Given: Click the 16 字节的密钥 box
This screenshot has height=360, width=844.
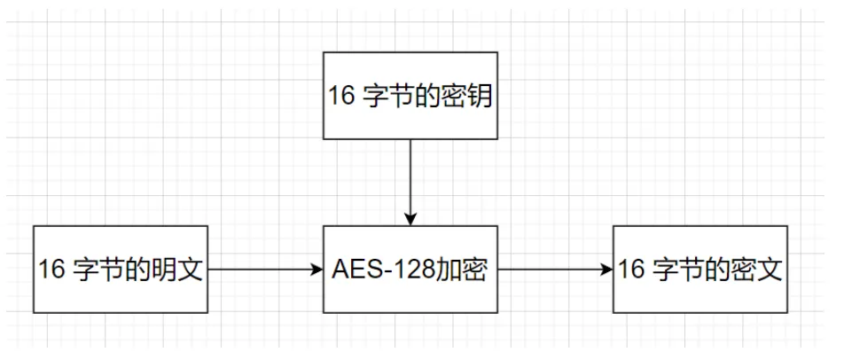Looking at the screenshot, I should pos(410,97).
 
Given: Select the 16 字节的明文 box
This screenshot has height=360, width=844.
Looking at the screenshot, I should pos(121,269).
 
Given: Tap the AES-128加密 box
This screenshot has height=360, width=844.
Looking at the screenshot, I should pos(410,269).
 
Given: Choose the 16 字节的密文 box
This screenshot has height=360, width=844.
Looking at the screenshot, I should pos(699,269).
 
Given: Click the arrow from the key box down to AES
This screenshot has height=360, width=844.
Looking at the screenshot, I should pos(410,177).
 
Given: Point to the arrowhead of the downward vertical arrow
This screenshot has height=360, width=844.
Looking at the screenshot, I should pos(410,219).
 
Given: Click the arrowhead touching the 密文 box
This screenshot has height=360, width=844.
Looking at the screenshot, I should pos(607,269).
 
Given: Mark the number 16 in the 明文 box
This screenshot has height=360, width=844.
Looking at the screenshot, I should pos(52,270).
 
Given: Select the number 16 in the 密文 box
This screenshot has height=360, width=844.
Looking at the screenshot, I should pos(631,270).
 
